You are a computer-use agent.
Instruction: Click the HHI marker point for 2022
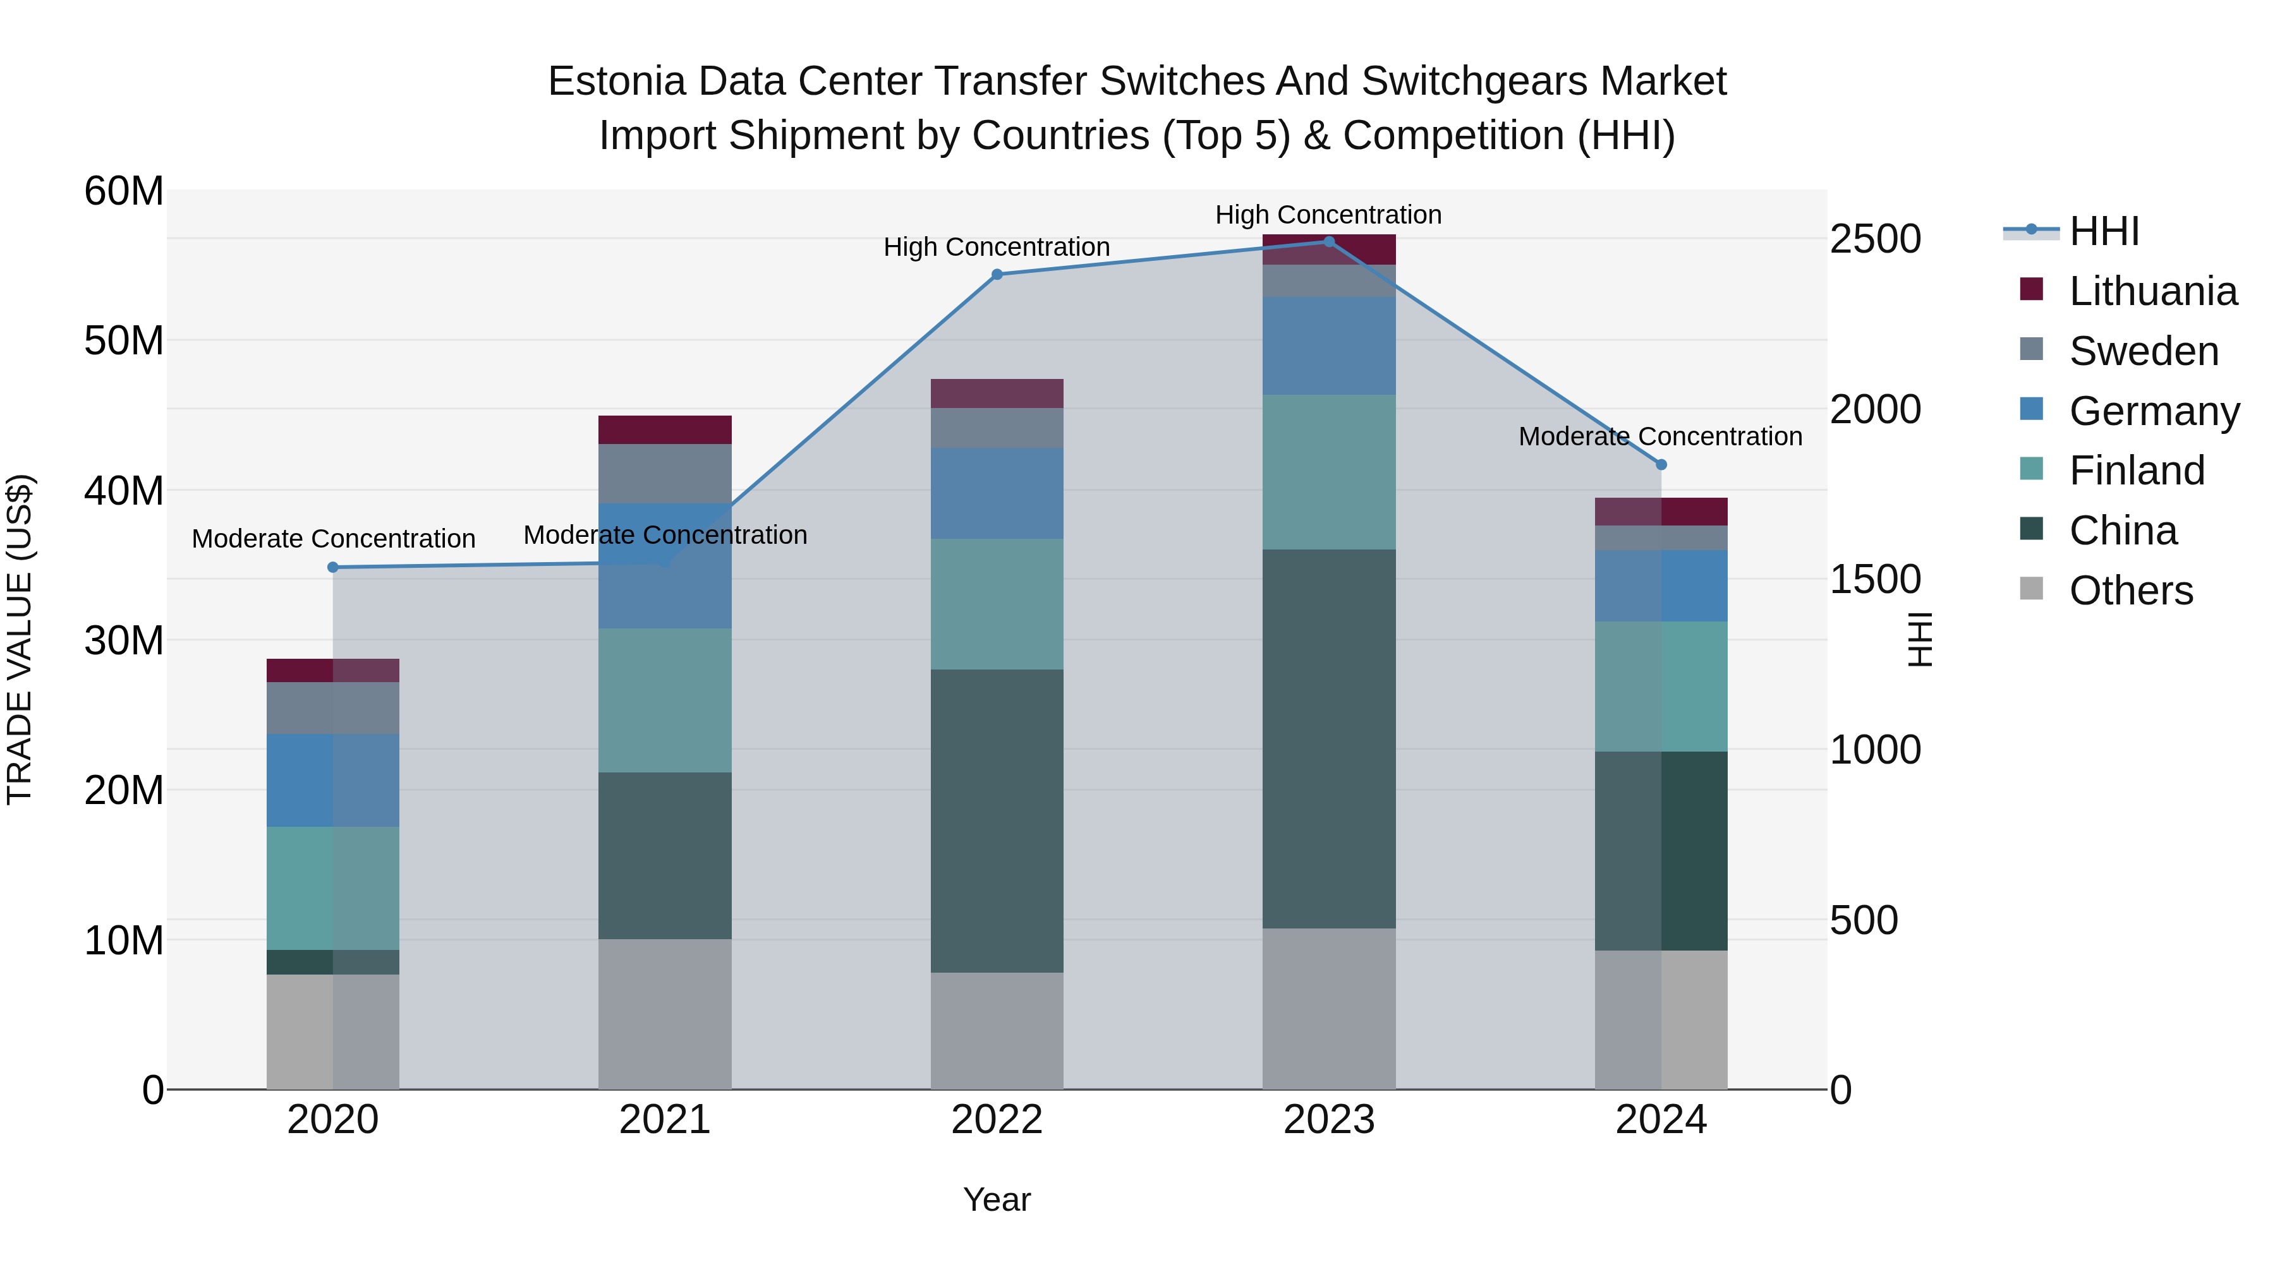997,275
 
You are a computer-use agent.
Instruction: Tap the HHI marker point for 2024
1661,464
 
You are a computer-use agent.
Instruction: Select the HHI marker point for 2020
333,568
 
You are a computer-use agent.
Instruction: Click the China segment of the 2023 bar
1329,739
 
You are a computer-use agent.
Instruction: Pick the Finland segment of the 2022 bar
997,604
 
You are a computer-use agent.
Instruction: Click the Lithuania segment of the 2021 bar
665,430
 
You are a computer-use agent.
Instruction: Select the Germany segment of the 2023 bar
1329,346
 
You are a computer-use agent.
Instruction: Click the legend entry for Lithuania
2152,291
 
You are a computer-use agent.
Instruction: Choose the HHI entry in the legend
2104,231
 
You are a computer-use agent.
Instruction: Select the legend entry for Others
2130,591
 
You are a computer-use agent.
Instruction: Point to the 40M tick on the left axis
124,491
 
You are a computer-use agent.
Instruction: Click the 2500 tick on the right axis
1875,239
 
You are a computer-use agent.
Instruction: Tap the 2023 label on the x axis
1329,1120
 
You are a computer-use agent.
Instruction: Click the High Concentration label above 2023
1328,215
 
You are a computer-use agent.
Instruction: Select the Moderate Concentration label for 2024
1660,436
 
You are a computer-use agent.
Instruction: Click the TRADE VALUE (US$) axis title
20,639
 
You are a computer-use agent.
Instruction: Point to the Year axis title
997,1199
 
